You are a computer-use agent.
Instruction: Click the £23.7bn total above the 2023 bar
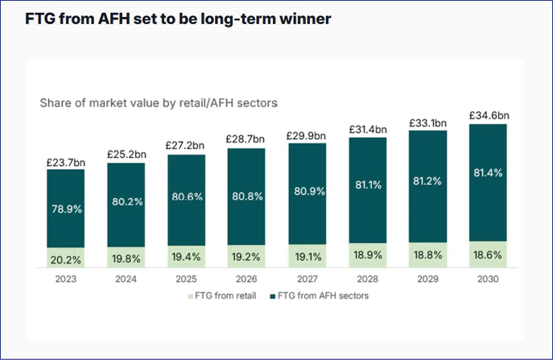[x=66, y=162]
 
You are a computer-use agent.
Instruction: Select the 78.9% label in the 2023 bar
[x=66, y=208]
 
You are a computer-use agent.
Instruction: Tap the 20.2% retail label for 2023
[x=66, y=259]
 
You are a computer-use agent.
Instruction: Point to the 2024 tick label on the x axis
[x=126, y=279]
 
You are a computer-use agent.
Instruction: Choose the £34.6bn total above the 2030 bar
[x=489, y=116]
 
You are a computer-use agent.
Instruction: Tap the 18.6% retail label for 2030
[x=489, y=254]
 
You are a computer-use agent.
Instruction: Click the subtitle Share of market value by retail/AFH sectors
[x=159, y=103]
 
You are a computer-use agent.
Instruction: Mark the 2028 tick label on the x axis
[x=368, y=279]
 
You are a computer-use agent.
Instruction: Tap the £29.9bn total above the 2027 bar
[x=307, y=135]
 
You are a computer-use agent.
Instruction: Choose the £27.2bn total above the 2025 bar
[x=187, y=147]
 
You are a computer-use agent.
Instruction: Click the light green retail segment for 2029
[x=428, y=254]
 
